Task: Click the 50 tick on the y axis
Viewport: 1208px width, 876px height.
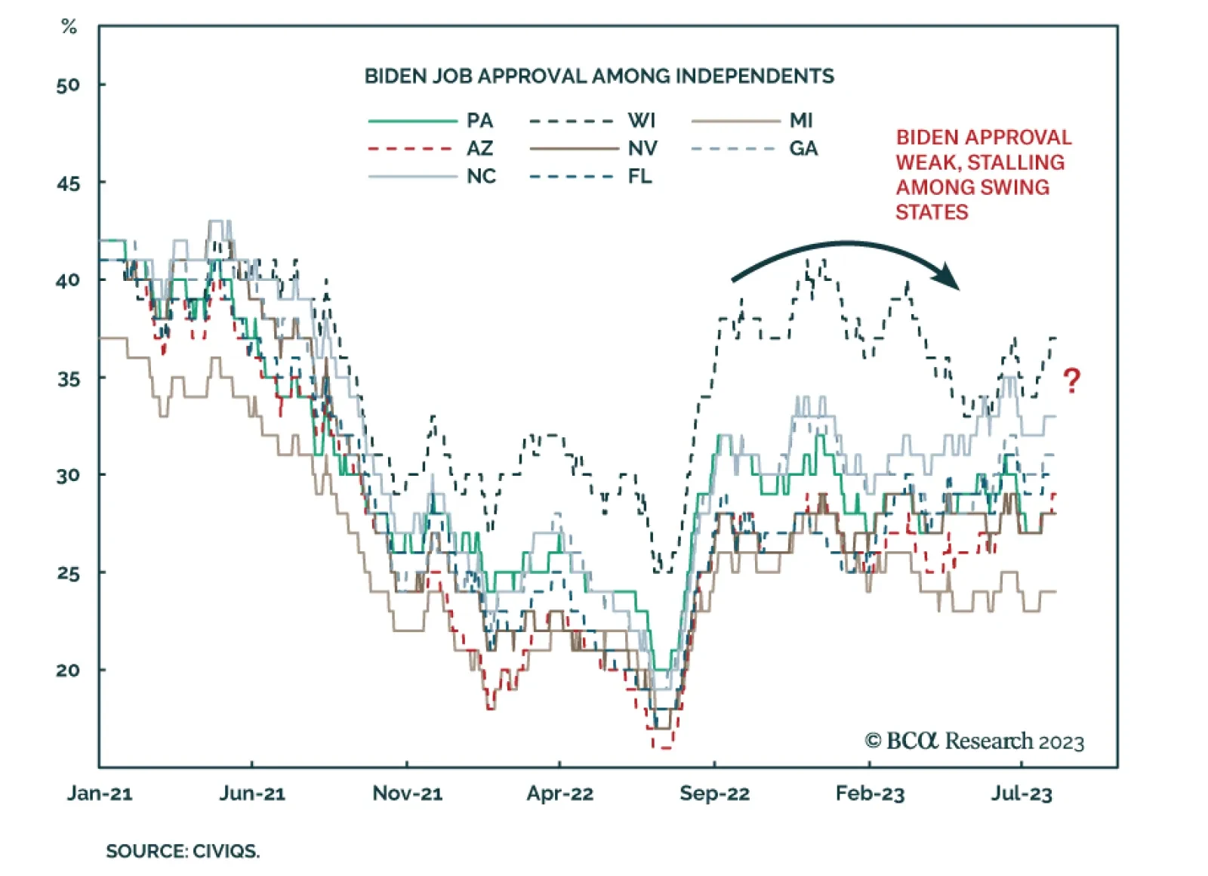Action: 68,85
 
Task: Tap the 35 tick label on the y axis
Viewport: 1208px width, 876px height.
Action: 68,378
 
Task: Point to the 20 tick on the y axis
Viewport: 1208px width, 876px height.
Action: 68,671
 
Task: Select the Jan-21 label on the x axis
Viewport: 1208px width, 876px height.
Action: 100,794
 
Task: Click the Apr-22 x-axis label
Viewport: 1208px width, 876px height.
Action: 559,794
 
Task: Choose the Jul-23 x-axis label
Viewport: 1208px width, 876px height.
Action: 1021,794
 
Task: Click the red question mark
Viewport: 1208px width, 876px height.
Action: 1071,380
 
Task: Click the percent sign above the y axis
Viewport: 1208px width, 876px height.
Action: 69,27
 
